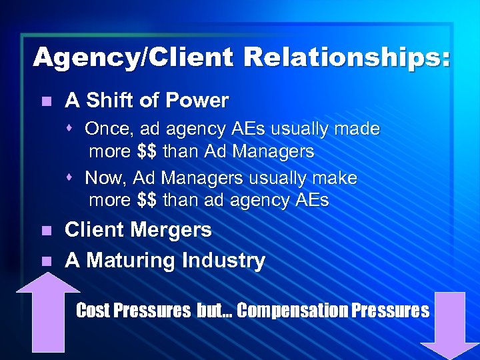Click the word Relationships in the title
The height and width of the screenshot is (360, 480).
pyautogui.click(x=347, y=57)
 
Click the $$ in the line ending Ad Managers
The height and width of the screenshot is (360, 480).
pyautogui.click(x=147, y=151)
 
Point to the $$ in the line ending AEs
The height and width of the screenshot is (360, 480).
pyautogui.click(x=147, y=201)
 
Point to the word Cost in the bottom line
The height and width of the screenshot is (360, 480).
pyautogui.click(x=91, y=311)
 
